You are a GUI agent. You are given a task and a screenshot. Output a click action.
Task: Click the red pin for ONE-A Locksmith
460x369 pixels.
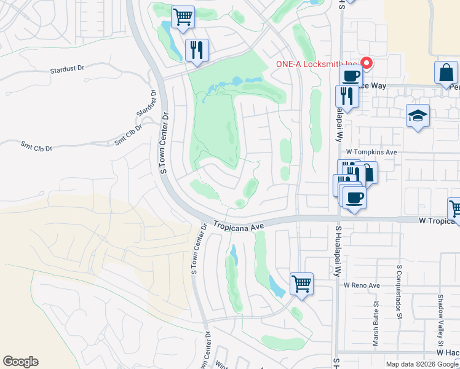click(x=367, y=63)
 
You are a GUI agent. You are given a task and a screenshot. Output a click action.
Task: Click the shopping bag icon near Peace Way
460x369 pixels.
click(x=445, y=73)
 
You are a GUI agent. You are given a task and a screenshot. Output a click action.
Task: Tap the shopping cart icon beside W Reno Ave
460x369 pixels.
click(x=301, y=284)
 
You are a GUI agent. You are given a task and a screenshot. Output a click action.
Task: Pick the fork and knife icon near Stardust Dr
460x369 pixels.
click(x=197, y=50)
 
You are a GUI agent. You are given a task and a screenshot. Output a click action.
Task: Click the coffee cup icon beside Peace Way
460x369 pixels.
click(x=351, y=76)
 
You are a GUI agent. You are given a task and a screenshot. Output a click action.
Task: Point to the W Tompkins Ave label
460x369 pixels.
click(x=371, y=151)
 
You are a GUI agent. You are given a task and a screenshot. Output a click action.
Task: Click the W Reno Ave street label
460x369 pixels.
click(x=363, y=285)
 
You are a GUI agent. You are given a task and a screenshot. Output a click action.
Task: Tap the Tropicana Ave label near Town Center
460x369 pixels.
click(x=239, y=226)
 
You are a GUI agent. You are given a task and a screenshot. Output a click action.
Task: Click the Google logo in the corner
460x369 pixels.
click(x=20, y=362)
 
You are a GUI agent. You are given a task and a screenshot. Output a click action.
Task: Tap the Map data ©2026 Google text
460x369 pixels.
click(x=422, y=364)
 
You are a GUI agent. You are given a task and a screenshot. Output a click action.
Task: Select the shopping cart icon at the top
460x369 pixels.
click(x=182, y=18)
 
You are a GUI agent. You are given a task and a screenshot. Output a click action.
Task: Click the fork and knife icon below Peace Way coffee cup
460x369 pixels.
click(x=346, y=97)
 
